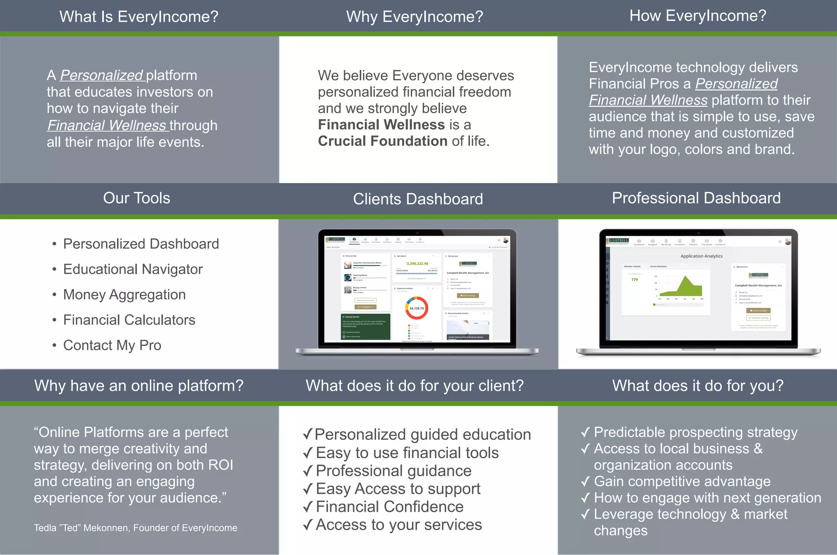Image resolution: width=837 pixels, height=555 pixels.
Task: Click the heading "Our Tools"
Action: pyautogui.click(x=137, y=198)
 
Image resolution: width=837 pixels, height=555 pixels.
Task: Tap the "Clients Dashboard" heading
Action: pyautogui.click(x=418, y=199)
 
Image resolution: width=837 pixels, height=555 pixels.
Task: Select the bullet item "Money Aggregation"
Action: pyautogui.click(x=124, y=294)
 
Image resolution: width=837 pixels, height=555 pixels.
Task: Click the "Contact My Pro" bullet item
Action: pyautogui.click(x=112, y=345)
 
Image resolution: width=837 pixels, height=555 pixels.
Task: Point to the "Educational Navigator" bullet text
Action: pyautogui.click(x=133, y=269)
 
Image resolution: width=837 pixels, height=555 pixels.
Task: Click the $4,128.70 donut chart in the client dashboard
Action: pyautogui.click(x=416, y=308)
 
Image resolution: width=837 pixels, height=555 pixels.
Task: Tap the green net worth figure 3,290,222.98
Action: pyautogui.click(x=417, y=264)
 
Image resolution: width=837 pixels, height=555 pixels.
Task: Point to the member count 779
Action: pyautogui.click(x=634, y=280)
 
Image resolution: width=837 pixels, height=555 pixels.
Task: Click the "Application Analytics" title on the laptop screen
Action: pyautogui.click(x=701, y=256)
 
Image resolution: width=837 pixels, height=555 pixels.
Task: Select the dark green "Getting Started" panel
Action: pyautogui.click(x=366, y=326)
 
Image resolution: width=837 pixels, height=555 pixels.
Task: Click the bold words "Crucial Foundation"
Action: pyautogui.click(x=383, y=141)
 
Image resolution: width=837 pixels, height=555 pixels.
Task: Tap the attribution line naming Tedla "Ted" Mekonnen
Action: pyautogui.click(x=135, y=528)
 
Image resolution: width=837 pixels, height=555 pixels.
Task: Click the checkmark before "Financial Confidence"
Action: pyautogui.click(x=308, y=507)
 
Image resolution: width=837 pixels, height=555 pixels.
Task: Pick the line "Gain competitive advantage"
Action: pyautogui.click(x=682, y=481)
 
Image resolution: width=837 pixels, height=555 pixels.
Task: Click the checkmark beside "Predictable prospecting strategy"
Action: pyautogui.click(x=585, y=432)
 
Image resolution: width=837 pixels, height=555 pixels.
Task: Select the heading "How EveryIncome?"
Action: pyautogui.click(x=698, y=16)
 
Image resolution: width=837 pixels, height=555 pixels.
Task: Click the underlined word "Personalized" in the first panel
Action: pyautogui.click(x=101, y=75)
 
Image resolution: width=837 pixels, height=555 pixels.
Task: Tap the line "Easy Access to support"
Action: pyautogui.click(x=398, y=489)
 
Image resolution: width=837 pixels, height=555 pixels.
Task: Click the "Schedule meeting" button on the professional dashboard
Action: pyautogui.click(x=758, y=318)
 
